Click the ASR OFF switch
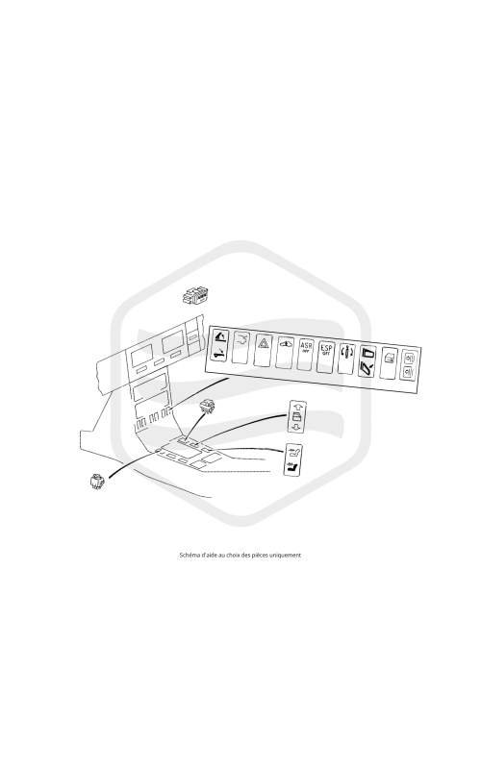[305, 354]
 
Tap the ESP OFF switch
[325, 356]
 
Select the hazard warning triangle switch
[263, 349]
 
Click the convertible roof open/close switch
[219, 345]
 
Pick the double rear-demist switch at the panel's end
[409, 364]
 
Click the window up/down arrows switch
[297, 416]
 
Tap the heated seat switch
[293, 459]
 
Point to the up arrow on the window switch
[297, 407]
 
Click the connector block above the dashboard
[196, 296]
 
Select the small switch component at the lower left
[97, 482]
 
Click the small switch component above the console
[208, 405]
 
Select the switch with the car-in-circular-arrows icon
[346, 358]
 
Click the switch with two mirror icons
[367, 360]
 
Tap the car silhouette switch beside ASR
[284, 351]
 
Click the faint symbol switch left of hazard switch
[240, 347]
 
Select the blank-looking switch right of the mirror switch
[389, 362]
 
